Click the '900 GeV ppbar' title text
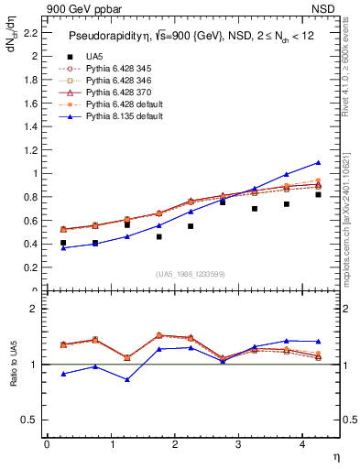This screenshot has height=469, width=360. pyautogui.click(x=80, y=8)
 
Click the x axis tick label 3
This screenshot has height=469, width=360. pyautogui.click(x=238, y=444)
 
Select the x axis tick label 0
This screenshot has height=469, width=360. pyautogui.click(x=47, y=444)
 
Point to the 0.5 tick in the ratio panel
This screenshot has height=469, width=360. pyautogui.click(x=33, y=420)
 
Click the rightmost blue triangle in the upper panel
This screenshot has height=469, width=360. pyautogui.click(x=318, y=162)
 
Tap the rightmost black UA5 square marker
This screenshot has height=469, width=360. pyautogui.click(x=318, y=194)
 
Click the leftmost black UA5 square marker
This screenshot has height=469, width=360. pyautogui.click(x=62, y=243)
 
